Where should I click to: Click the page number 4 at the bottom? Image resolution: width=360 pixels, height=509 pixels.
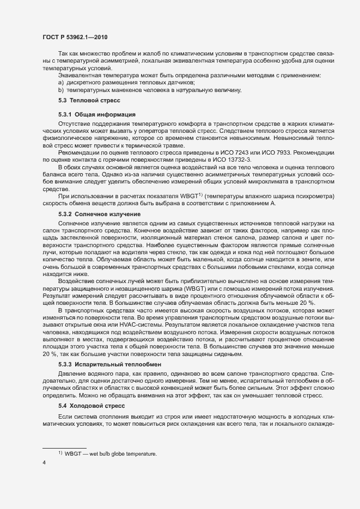coord(44,463)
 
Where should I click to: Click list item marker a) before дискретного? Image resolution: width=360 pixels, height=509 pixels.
coord(61,82)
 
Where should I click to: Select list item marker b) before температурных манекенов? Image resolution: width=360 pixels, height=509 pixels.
coord(61,89)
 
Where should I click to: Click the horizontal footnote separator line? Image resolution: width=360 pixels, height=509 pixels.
coord(65,447)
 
